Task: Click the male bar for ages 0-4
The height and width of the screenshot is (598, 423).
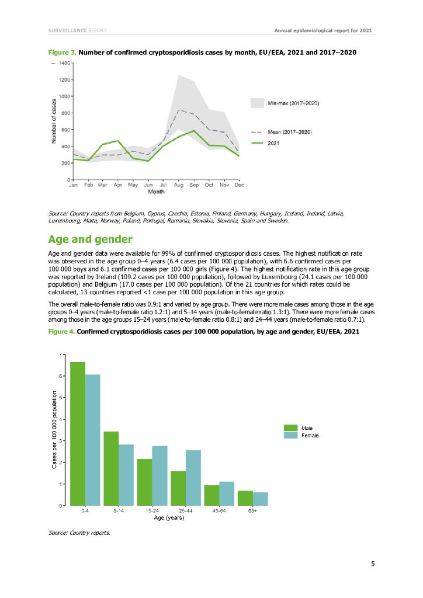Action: tap(78, 433)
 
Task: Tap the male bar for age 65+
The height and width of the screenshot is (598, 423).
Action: tap(245, 498)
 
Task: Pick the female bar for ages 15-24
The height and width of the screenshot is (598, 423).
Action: tap(160, 475)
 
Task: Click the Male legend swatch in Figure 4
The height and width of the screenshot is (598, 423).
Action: tap(291, 428)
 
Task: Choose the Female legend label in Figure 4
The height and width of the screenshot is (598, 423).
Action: tap(310, 436)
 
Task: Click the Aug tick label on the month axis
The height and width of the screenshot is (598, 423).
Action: tap(179, 185)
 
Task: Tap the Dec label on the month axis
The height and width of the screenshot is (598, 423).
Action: tap(240, 185)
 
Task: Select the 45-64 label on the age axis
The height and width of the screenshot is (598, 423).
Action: tap(219, 511)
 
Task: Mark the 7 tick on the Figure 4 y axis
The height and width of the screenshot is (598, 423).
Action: tap(60, 354)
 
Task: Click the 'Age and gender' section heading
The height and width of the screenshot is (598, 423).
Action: tap(91, 239)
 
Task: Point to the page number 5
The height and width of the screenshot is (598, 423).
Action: tap(372, 564)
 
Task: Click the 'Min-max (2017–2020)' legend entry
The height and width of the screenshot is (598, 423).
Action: tap(292, 103)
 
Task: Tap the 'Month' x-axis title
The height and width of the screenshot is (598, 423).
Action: tap(156, 192)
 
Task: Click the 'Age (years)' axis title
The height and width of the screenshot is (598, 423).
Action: tap(169, 517)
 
